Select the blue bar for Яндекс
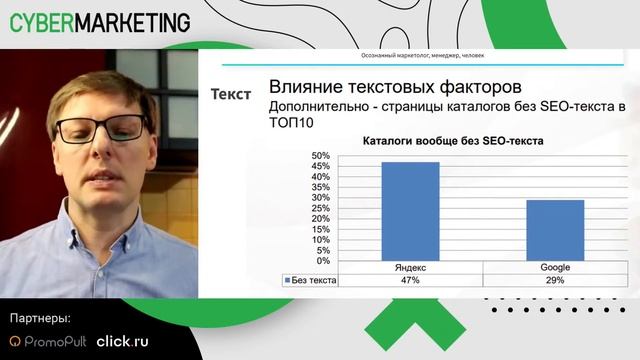(410, 211)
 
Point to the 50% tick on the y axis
(321, 157)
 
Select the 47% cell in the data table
(410, 281)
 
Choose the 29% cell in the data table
(555, 281)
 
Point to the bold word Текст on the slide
(232, 94)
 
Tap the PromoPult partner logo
(46, 341)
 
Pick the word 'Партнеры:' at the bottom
(40, 318)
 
